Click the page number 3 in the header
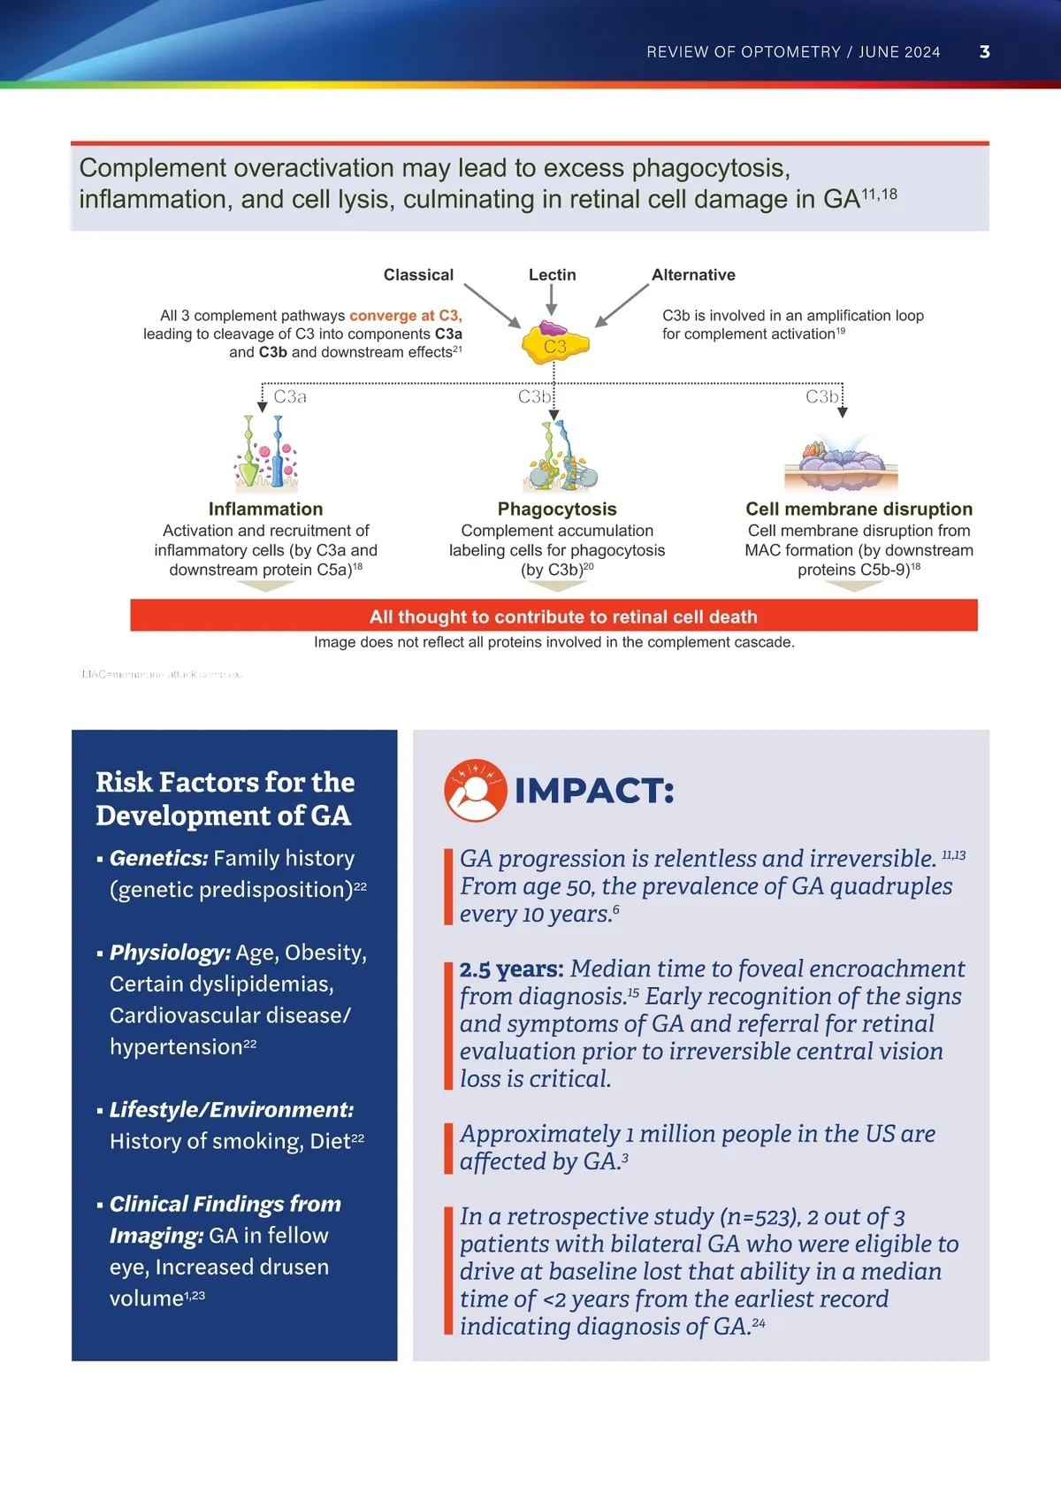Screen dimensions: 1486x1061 [985, 52]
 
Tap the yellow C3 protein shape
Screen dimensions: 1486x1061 [555, 345]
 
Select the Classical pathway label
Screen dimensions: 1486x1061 [418, 275]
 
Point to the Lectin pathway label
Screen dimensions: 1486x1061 [552, 275]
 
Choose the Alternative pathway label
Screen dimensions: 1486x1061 [693, 275]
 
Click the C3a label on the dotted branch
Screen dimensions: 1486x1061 [290, 397]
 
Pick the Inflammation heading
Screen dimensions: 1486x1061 [265, 509]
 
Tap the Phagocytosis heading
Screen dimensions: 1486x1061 [557, 509]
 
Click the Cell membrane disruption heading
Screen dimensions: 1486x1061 [859, 509]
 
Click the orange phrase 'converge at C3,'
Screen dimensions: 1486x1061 [405, 316]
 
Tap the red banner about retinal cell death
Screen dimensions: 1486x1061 [553, 616]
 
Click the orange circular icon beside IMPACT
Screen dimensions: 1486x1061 [476, 790]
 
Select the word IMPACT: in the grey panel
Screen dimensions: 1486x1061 [594, 791]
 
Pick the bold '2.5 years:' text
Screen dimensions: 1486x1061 [511, 969]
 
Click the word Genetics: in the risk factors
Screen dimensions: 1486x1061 [158, 858]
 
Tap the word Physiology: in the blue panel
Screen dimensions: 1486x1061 [170, 953]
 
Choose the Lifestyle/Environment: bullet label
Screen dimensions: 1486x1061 [231, 1110]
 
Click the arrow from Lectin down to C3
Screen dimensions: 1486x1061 [552, 301]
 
